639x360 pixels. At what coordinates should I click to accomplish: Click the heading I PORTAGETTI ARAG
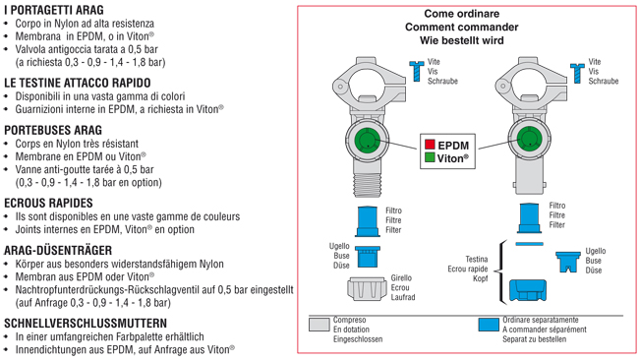[54, 10]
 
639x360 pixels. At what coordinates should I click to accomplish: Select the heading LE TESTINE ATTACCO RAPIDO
[78, 83]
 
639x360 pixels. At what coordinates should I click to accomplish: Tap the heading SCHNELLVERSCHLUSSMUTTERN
[86, 324]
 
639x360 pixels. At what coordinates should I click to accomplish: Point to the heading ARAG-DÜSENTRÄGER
[58, 250]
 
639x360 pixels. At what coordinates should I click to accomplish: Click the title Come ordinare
[462, 14]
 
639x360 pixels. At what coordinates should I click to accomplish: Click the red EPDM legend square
[430, 145]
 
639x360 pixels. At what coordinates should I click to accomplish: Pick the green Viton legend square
[430, 157]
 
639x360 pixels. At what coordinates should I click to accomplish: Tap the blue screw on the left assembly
[417, 71]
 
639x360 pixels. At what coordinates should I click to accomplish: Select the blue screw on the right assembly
[577, 74]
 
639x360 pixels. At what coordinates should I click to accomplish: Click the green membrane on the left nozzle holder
[368, 140]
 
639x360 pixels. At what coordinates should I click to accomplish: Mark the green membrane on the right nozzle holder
[529, 139]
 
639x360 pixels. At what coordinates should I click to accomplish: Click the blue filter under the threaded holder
[368, 221]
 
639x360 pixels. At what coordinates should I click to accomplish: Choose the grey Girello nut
[367, 288]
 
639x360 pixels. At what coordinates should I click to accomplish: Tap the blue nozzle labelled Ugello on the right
[567, 262]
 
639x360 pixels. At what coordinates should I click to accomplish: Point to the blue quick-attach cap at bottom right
[528, 290]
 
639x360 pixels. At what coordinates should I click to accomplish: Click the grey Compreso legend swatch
[319, 325]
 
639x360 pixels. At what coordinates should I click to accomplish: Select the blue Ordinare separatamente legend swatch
[489, 325]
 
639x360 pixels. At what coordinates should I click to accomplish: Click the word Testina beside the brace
[477, 260]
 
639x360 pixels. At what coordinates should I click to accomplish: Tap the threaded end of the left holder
[368, 184]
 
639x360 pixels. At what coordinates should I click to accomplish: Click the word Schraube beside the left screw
[442, 82]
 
